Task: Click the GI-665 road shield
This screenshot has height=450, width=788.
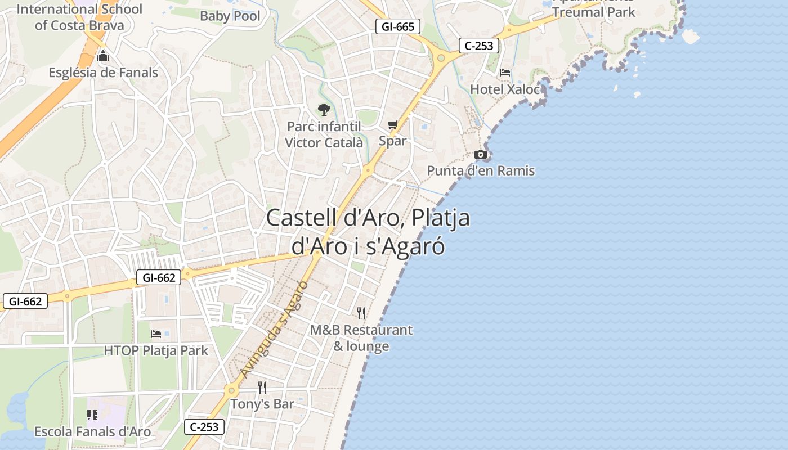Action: tap(398, 26)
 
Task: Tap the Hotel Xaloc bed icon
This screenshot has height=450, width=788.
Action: tap(505, 73)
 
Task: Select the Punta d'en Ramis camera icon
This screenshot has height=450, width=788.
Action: tap(480, 154)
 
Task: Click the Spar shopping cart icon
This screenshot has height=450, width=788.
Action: tap(392, 124)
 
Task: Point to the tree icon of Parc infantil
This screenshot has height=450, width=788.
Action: tap(324, 109)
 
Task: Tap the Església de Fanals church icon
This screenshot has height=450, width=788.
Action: tap(103, 56)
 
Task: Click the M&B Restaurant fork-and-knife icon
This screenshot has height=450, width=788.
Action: tap(361, 313)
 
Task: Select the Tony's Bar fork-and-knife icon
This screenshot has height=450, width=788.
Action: tap(262, 387)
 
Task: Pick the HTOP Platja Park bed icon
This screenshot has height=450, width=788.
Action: tap(156, 334)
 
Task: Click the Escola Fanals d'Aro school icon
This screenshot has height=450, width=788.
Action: tap(92, 415)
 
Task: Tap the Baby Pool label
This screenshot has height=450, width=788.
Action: tap(230, 16)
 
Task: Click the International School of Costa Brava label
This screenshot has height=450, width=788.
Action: tap(79, 17)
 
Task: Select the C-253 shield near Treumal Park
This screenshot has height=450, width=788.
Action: tap(479, 46)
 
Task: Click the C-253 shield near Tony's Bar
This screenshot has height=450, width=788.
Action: tap(204, 427)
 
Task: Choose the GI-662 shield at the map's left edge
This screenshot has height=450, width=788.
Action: tap(25, 301)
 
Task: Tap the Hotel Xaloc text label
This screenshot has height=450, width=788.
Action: tap(504, 89)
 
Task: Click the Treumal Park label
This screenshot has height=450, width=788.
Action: tap(593, 12)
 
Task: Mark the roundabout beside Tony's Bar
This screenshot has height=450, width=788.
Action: tap(231, 390)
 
